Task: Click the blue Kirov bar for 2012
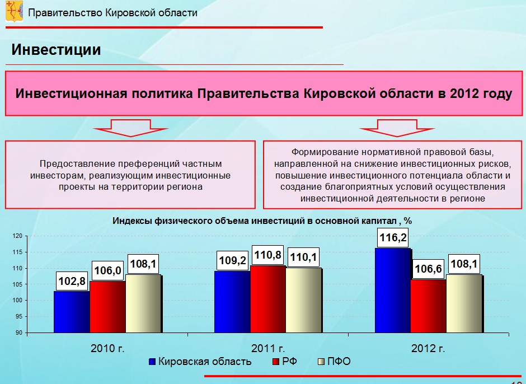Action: (393, 291)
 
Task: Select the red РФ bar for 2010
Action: (107, 307)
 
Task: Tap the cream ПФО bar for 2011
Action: (304, 300)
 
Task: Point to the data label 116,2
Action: (393, 238)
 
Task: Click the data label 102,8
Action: (72, 281)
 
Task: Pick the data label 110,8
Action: (267, 255)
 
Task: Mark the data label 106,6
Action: (429, 269)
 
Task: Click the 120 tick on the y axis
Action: (18, 236)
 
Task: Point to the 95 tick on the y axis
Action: (19, 316)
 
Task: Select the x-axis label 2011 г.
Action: (268, 348)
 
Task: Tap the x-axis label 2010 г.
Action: (107, 348)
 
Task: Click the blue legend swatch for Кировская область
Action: (152, 362)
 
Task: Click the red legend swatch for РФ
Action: (276, 362)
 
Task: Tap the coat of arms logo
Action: (14, 11)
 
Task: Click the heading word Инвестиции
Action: (56, 50)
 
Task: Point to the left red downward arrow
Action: (131, 128)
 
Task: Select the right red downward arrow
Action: (397, 128)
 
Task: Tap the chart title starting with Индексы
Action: (262, 221)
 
